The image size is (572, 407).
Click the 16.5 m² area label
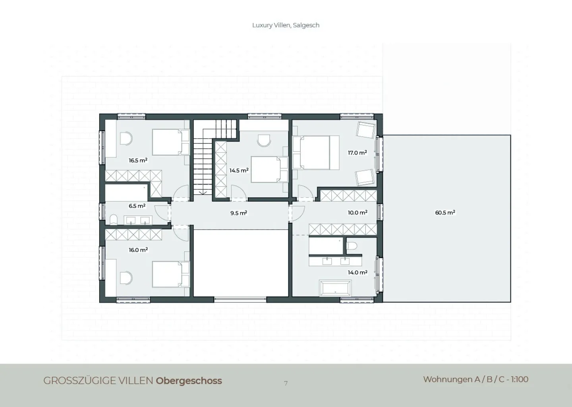(x=138, y=160)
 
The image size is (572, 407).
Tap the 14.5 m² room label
(x=239, y=170)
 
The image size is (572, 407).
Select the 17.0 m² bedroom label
(x=357, y=153)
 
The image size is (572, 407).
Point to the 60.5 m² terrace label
(x=445, y=213)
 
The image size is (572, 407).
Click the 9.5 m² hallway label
(x=239, y=213)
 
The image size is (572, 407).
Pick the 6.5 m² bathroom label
(x=137, y=206)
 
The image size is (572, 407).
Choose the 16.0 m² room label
(x=138, y=250)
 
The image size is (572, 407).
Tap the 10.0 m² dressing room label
(x=357, y=213)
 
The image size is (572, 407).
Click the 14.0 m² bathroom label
(x=357, y=273)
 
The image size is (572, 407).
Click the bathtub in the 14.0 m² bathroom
(x=335, y=288)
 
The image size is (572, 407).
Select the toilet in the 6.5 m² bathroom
(x=113, y=220)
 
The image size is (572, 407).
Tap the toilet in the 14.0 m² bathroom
(x=352, y=246)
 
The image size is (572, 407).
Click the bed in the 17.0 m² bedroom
(x=316, y=152)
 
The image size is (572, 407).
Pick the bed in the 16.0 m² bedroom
(x=171, y=274)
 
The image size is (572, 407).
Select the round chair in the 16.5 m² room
(x=126, y=138)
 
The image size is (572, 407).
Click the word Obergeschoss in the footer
(x=189, y=381)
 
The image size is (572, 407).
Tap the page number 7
(x=286, y=383)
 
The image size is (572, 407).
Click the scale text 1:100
(x=520, y=380)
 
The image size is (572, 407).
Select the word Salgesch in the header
(x=306, y=25)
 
